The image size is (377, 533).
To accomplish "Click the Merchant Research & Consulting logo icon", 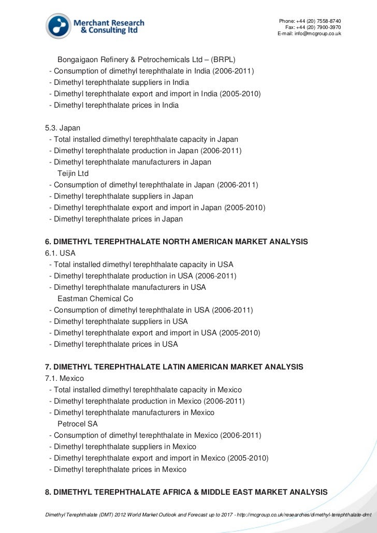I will click(59, 26).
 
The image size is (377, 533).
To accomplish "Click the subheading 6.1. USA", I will click(61, 253).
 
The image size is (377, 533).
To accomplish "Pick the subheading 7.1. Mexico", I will click(65, 378).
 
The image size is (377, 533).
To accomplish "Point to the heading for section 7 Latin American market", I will click(175, 367).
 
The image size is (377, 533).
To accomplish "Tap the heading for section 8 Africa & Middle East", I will click(186, 492).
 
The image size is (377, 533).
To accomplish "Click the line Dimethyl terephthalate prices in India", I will click(114, 105).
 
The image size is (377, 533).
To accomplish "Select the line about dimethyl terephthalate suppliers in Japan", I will click(121, 196).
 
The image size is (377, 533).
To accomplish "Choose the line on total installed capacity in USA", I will click(141, 264).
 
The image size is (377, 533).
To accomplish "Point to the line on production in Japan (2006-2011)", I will click(146, 151).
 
